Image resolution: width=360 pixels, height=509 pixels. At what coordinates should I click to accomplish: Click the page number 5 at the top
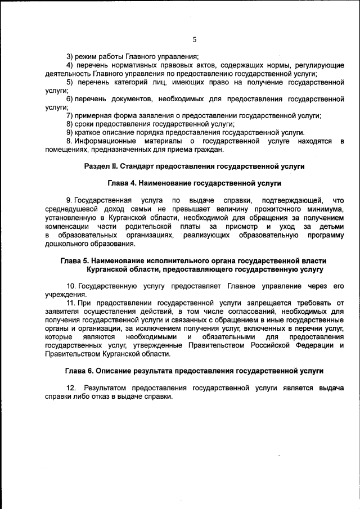click(x=194, y=39)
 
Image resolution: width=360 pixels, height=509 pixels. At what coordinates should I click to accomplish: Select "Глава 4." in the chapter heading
click(x=121, y=183)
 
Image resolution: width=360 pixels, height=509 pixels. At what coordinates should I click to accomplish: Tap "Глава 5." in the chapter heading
click(x=74, y=261)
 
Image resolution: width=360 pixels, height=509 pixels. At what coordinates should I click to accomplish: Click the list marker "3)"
click(x=70, y=56)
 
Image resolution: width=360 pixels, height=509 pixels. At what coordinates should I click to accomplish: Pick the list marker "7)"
click(x=70, y=115)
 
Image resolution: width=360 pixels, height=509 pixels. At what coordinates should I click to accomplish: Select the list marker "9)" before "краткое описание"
click(x=70, y=132)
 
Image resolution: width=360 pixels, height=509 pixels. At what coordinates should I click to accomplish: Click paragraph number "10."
click(x=71, y=286)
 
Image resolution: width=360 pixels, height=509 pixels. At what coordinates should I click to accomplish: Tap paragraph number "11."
click(x=71, y=303)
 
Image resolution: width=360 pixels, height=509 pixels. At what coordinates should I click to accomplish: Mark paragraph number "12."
click(x=71, y=388)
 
